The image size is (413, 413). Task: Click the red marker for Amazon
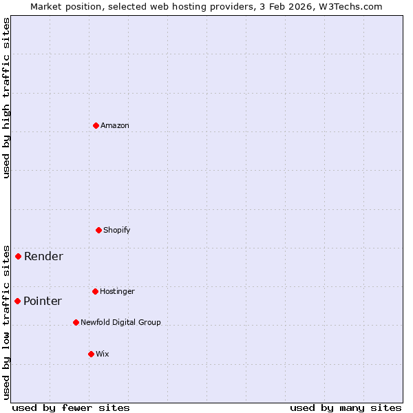tap(96, 125)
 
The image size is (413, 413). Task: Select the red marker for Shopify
tap(98, 230)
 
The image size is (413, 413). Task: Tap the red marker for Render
tap(18, 256)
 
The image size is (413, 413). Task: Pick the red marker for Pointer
tap(17, 301)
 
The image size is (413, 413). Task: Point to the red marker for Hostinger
tap(95, 291)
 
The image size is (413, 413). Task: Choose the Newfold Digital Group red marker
tap(76, 322)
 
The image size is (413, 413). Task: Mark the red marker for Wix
tap(91, 354)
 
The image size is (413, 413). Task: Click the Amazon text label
tap(115, 125)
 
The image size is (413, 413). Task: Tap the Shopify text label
tap(117, 230)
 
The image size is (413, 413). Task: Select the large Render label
tap(43, 256)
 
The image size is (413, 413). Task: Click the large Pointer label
tap(43, 301)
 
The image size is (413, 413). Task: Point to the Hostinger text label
tap(117, 291)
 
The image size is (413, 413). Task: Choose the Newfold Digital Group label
tap(120, 322)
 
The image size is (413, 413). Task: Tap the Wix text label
tap(102, 354)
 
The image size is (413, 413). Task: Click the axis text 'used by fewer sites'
tap(71, 407)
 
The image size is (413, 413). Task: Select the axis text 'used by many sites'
tap(346, 407)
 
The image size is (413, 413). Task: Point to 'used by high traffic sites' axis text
tap(6, 98)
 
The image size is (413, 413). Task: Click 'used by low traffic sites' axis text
tap(6, 321)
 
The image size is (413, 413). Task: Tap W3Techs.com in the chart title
tap(350, 6)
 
